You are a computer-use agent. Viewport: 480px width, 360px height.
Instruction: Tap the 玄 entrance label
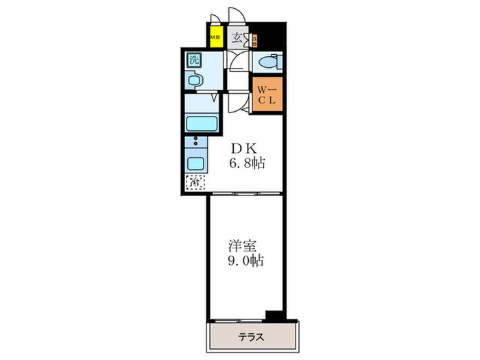[x=237, y=38]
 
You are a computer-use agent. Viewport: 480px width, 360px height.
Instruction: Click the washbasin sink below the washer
[x=194, y=81]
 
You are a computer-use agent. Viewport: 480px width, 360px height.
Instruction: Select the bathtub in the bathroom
[x=202, y=125]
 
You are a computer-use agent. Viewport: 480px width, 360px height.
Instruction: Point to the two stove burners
[x=195, y=145]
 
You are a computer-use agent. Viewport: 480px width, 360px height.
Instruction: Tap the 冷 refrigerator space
[x=194, y=183]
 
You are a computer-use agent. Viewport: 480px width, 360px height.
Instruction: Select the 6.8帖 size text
[x=247, y=164]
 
